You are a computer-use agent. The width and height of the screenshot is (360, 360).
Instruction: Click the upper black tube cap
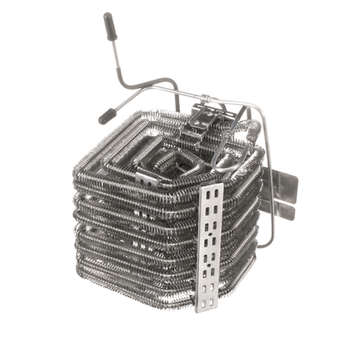[110, 26]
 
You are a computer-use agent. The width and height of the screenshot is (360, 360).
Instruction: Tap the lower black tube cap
[107, 114]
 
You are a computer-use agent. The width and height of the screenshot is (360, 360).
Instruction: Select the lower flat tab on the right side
[282, 209]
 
